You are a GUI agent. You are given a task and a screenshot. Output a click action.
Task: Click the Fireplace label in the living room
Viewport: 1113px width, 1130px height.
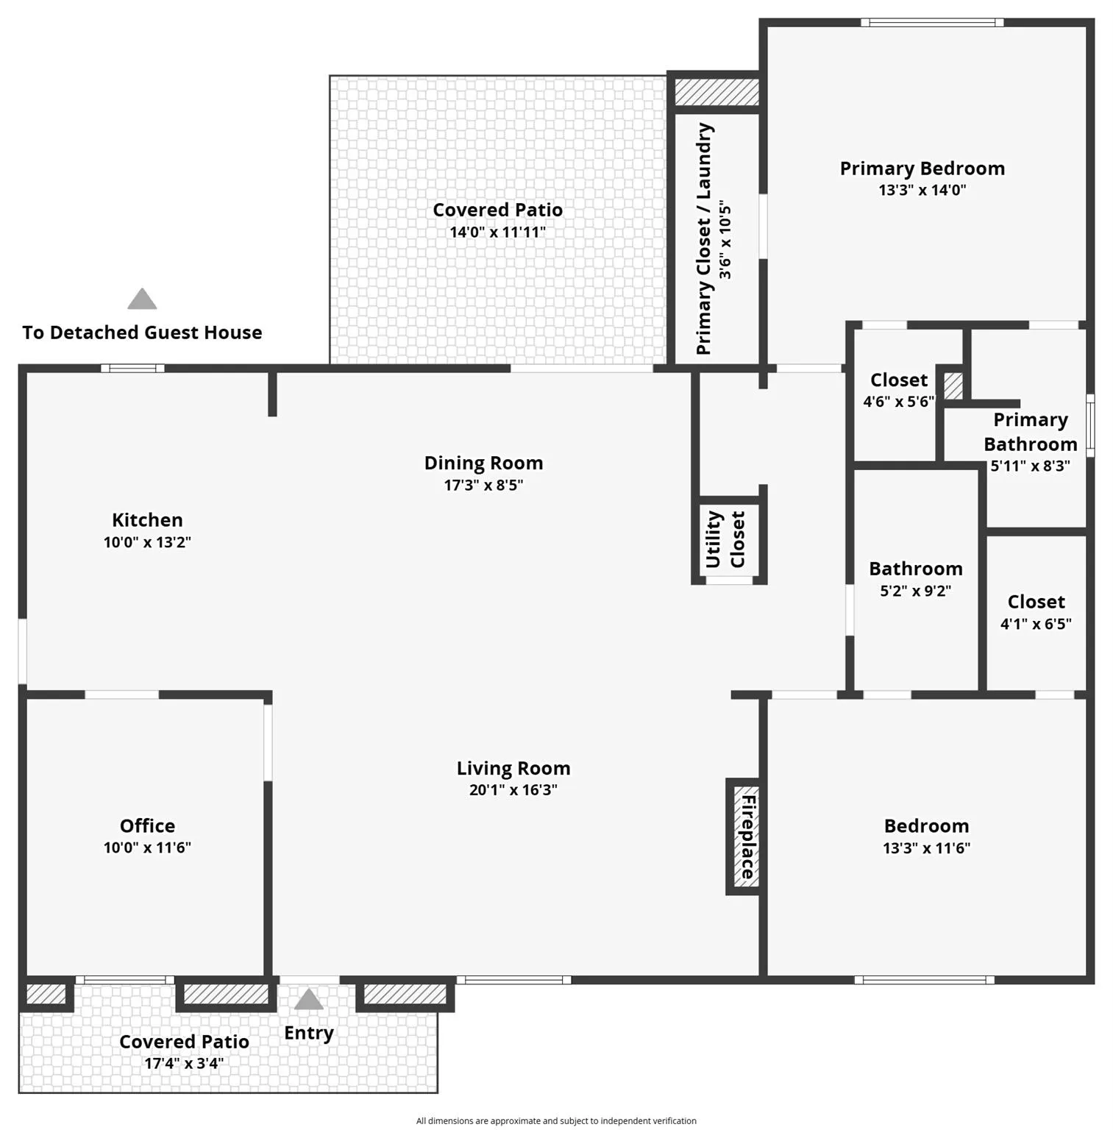coord(747,836)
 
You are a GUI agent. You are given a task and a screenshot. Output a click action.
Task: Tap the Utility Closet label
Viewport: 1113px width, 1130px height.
coord(725,539)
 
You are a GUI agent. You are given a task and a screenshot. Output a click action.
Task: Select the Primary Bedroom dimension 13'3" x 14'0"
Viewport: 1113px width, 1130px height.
coord(922,190)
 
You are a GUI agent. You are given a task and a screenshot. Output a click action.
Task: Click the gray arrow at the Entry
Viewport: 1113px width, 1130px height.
coord(308,999)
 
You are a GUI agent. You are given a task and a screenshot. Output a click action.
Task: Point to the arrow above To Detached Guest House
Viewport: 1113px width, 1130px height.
coord(142,299)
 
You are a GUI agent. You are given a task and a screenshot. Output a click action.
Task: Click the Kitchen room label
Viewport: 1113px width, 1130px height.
coord(147,520)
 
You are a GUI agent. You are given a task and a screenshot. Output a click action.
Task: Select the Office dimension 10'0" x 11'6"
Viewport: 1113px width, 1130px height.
coord(147,847)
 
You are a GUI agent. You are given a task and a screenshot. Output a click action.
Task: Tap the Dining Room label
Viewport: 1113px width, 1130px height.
coord(483,463)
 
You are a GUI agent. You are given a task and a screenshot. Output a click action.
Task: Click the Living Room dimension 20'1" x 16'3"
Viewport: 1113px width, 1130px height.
coord(513,790)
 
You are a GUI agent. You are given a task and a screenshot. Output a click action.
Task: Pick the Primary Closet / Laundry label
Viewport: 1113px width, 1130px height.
coord(704,239)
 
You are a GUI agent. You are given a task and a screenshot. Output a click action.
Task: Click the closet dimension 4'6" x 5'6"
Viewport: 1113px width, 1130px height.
coord(898,402)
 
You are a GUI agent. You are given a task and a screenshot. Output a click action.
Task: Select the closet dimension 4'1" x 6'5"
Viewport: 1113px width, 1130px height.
coord(1036,624)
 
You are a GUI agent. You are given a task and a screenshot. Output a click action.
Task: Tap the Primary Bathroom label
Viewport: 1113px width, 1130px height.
coord(1030,432)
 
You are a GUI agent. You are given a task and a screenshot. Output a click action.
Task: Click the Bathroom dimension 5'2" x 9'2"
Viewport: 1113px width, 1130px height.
coord(915,591)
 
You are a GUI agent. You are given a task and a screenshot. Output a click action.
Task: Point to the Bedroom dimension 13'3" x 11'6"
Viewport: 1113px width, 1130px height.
coord(926,847)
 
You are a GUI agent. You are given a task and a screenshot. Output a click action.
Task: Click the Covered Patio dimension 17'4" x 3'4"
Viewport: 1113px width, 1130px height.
coord(184,1063)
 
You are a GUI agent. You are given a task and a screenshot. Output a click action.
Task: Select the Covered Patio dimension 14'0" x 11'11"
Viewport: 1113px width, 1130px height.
coord(497,232)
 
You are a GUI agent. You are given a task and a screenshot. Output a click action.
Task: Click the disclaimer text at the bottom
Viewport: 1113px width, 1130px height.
coord(556,1120)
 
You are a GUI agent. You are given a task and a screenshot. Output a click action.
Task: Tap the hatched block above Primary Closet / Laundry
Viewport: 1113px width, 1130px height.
coord(716,92)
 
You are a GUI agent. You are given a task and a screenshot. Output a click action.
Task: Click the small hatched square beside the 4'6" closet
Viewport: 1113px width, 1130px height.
coord(953,385)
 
